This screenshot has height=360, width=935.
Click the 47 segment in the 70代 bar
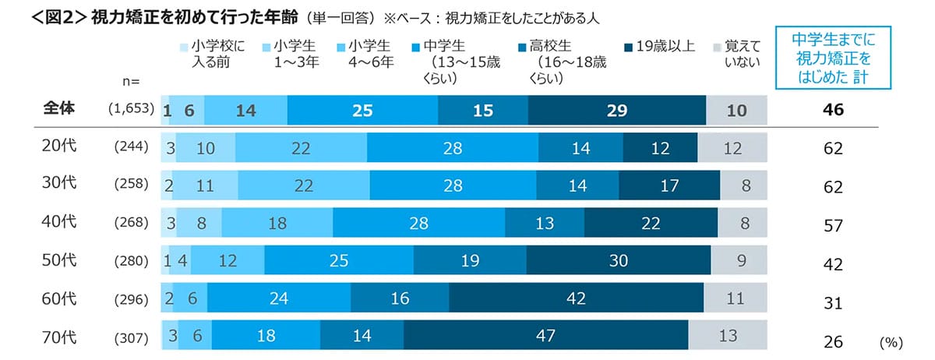pos(545,337)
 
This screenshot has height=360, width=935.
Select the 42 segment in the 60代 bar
pos(577,298)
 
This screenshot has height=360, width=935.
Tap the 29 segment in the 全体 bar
pos(616,111)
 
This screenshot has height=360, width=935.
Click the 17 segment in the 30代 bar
pos(669,186)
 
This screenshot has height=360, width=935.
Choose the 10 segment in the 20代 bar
pos(205,148)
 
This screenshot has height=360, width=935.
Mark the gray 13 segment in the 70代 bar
pos(727,337)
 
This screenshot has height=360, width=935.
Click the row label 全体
pos(58,110)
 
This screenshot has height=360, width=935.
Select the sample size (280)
pos(130,261)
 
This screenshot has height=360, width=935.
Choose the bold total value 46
pos(833,111)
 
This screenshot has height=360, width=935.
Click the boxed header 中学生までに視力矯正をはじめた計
pos(832,58)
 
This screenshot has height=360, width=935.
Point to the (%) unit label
pos(891,342)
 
